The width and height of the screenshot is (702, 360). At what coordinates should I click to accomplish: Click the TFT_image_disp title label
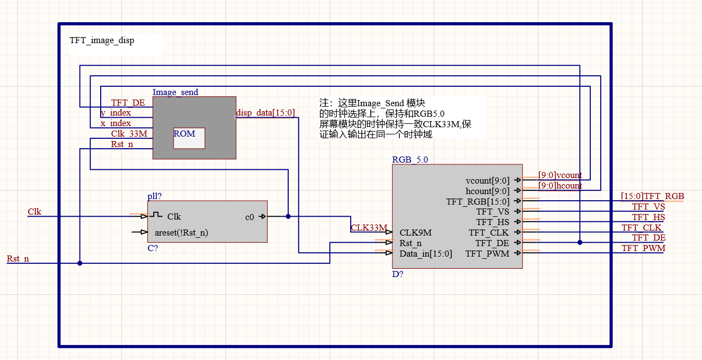click(x=102, y=40)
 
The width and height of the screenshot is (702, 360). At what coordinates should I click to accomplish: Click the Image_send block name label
click(x=175, y=92)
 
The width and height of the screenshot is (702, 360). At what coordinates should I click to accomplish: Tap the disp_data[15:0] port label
click(x=266, y=113)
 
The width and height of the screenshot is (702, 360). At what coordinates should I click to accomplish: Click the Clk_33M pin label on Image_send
click(x=129, y=133)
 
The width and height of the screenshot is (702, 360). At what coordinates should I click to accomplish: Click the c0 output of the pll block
click(x=249, y=217)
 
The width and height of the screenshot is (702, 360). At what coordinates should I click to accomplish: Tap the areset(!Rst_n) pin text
click(x=181, y=232)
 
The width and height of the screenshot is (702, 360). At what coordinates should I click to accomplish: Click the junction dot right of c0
click(x=288, y=217)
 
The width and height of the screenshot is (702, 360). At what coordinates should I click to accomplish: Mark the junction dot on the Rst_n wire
click(x=80, y=263)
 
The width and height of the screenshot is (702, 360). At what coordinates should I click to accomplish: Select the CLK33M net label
click(x=368, y=227)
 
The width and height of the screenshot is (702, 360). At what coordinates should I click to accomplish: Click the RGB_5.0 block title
click(x=410, y=160)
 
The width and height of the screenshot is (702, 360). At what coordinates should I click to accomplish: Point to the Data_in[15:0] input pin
click(x=425, y=254)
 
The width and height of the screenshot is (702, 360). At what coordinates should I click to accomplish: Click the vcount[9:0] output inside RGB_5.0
click(x=487, y=180)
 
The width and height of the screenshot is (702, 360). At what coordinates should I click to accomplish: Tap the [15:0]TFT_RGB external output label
click(x=652, y=196)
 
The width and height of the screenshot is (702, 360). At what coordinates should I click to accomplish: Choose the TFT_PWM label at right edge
click(x=643, y=248)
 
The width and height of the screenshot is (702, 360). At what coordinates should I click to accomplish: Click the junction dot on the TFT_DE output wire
click(x=580, y=242)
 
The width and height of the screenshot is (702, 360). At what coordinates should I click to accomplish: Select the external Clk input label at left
click(x=34, y=212)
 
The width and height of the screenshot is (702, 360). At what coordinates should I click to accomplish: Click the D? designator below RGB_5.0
click(x=398, y=274)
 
